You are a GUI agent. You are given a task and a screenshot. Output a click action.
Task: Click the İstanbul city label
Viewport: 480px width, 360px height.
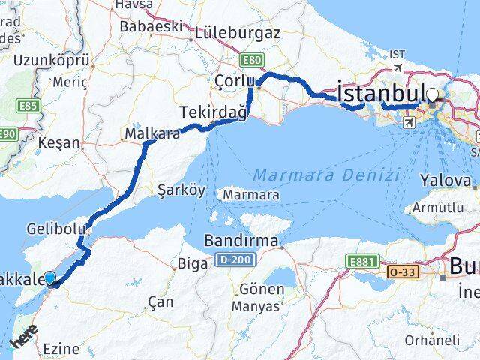coord(382,94)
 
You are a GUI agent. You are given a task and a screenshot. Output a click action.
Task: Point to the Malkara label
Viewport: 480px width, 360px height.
coord(152,134)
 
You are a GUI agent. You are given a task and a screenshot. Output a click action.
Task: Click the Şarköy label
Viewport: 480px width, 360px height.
coord(181,190)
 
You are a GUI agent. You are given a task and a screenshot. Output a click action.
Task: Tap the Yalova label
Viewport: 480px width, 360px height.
coord(445,180)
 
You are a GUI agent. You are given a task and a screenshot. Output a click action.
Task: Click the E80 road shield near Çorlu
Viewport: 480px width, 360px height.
coord(251,58)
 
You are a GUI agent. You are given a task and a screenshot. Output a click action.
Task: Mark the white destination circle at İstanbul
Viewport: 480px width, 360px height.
coord(433,94)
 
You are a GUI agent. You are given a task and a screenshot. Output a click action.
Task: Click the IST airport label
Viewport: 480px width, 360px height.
coord(396,55)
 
